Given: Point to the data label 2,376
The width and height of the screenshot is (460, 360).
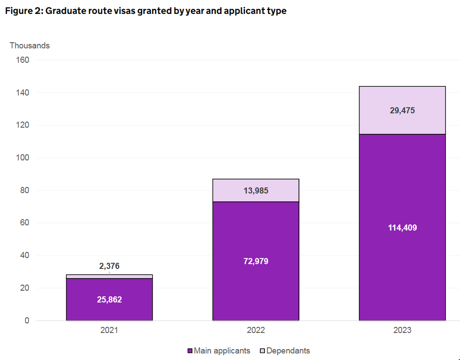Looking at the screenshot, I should [109, 266].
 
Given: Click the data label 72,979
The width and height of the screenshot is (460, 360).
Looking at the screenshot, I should [256, 262].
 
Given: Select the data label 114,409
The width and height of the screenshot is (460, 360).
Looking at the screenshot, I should [402, 228].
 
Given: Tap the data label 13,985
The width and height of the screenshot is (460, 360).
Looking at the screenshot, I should [256, 190].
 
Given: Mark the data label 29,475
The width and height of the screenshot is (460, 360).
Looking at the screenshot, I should [402, 111].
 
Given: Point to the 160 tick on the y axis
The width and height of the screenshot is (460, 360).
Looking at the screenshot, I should [23, 60].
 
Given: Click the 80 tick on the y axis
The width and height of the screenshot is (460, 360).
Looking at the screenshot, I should [24, 190].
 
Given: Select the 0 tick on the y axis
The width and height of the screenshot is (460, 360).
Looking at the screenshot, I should [27, 321].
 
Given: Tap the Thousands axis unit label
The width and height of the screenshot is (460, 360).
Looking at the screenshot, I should [30, 46].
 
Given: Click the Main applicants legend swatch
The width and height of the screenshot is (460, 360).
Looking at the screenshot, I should [190, 351].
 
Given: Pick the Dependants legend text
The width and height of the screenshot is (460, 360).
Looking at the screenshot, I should [288, 351].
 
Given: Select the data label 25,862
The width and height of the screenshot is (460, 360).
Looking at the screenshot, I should [109, 300].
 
